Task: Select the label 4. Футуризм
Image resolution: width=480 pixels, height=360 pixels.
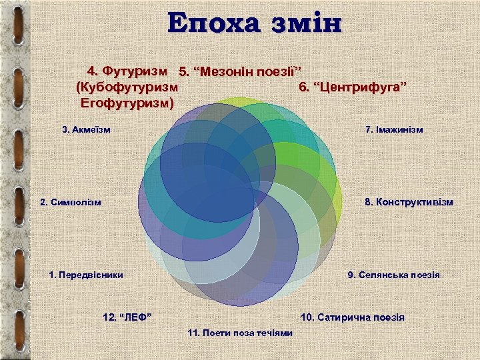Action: click(x=127, y=70)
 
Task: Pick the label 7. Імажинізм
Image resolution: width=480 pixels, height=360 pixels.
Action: click(x=394, y=129)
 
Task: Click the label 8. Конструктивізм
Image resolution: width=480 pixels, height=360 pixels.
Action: click(x=408, y=202)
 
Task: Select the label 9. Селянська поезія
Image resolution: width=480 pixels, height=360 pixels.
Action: click(x=393, y=275)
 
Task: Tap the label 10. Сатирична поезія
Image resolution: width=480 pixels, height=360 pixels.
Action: click(x=353, y=317)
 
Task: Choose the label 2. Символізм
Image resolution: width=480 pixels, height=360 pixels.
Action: click(x=71, y=202)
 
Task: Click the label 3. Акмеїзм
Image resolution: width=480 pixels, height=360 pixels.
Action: click(x=86, y=129)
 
